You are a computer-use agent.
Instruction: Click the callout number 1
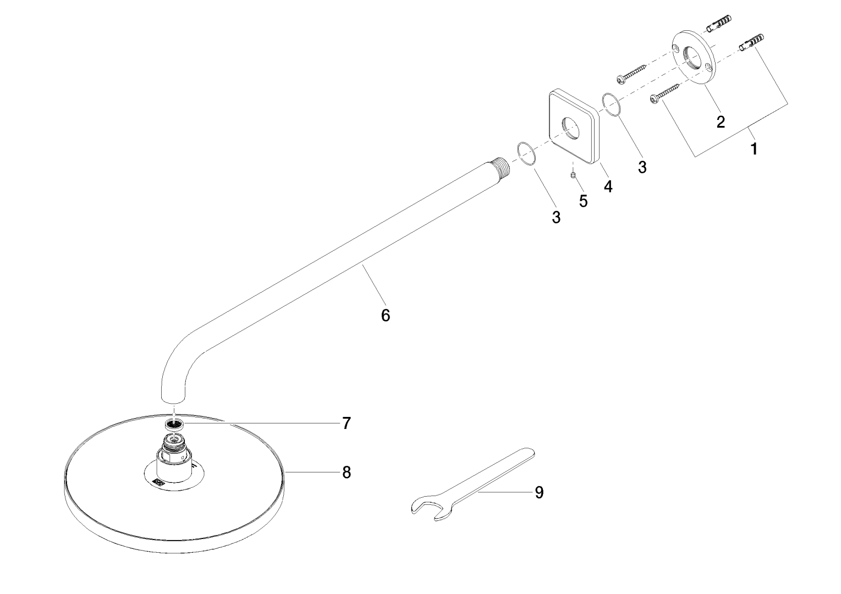754,148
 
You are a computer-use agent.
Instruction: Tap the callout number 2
720,122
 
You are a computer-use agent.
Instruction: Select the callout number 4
607,186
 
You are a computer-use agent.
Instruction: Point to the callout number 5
583,201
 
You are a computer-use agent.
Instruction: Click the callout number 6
385,315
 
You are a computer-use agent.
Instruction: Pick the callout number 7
346,423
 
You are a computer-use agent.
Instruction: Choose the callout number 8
346,472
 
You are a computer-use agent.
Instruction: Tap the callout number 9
539,492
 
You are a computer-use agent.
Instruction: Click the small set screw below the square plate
573,175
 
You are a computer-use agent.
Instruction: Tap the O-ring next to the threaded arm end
526,153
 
